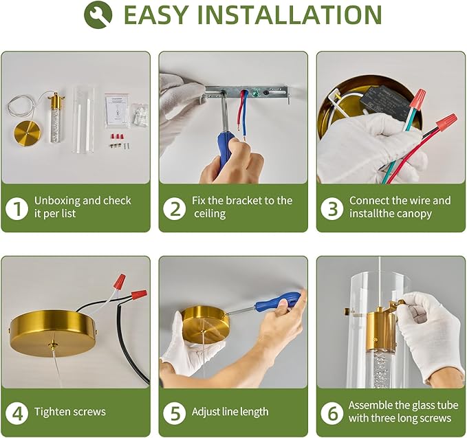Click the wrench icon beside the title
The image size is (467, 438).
[x=98, y=14]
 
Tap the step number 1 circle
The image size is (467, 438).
[x=17, y=208]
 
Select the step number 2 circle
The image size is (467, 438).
[x=175, y=208]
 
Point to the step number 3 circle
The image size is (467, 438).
[x=332, y=208]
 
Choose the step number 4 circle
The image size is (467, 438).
[x=17, y=413]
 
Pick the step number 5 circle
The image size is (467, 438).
[x=175, y=413]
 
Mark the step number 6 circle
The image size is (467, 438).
[x=332, y=413]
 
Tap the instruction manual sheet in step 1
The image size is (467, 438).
[x=117, y=111]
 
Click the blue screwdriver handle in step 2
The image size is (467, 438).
[x=227, y=151]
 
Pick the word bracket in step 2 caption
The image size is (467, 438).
[x=242, y=200]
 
